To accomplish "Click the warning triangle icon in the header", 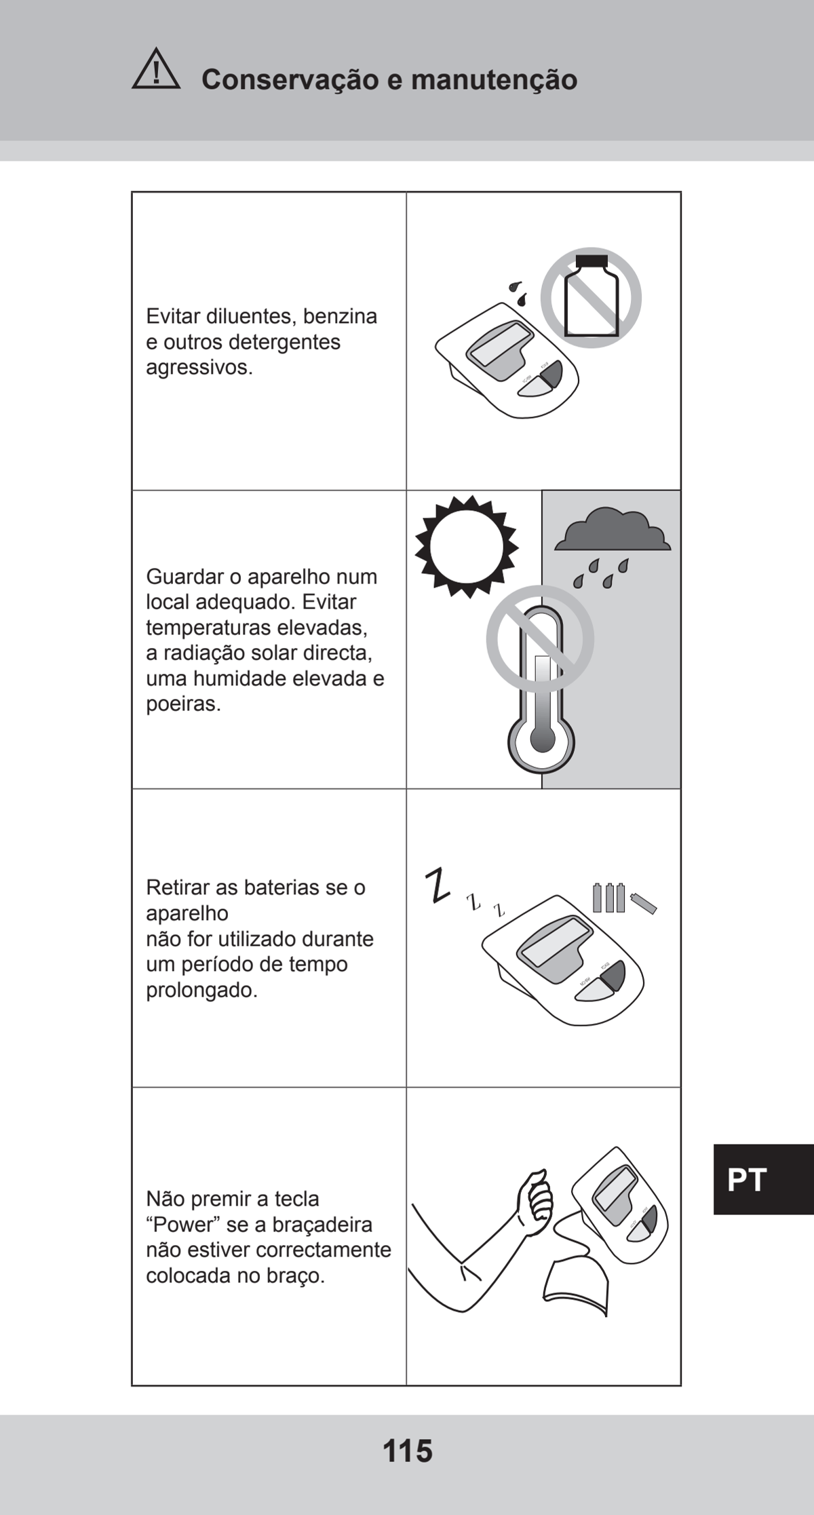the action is tap(156, 69).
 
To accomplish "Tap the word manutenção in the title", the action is tap(494, 80).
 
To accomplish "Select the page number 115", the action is tap(408, 1451).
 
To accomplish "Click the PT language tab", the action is tap(747, 1180).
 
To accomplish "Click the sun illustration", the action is tap(467, 546).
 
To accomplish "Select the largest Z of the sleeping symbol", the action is tap(438, 885).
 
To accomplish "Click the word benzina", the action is tap(340, 316).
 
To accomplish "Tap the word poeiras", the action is tap(184, 704).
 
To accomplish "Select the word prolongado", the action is tap(202, 991).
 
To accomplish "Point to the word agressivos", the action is tap(199, 368).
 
